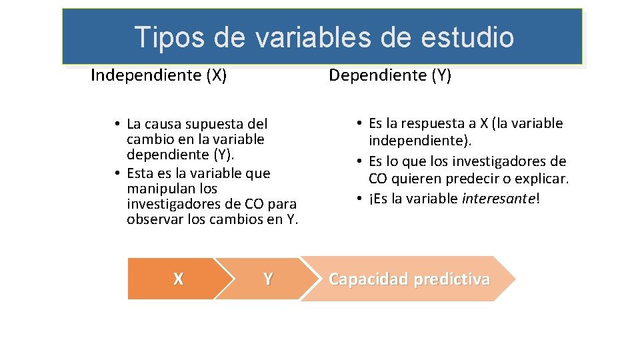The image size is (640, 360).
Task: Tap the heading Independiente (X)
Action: pyautogui.click(x=159, y=75)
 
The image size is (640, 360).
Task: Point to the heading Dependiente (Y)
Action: pyautogui.click(x=390, y=75)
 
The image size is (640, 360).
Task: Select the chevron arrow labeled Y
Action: pyautogui.click(x=267, y=279)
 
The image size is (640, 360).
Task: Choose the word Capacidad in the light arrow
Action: pyautogui.click(x=369, y=279)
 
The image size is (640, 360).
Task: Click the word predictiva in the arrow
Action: pyautogui.click(x=451, y=279)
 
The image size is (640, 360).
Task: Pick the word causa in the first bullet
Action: pyautogui.click(x=163, y=124)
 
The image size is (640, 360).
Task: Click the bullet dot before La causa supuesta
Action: pyautogui.click(x=117, y=125)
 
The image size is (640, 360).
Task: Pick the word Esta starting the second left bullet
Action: pyautogui.click(x=139, y=173)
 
